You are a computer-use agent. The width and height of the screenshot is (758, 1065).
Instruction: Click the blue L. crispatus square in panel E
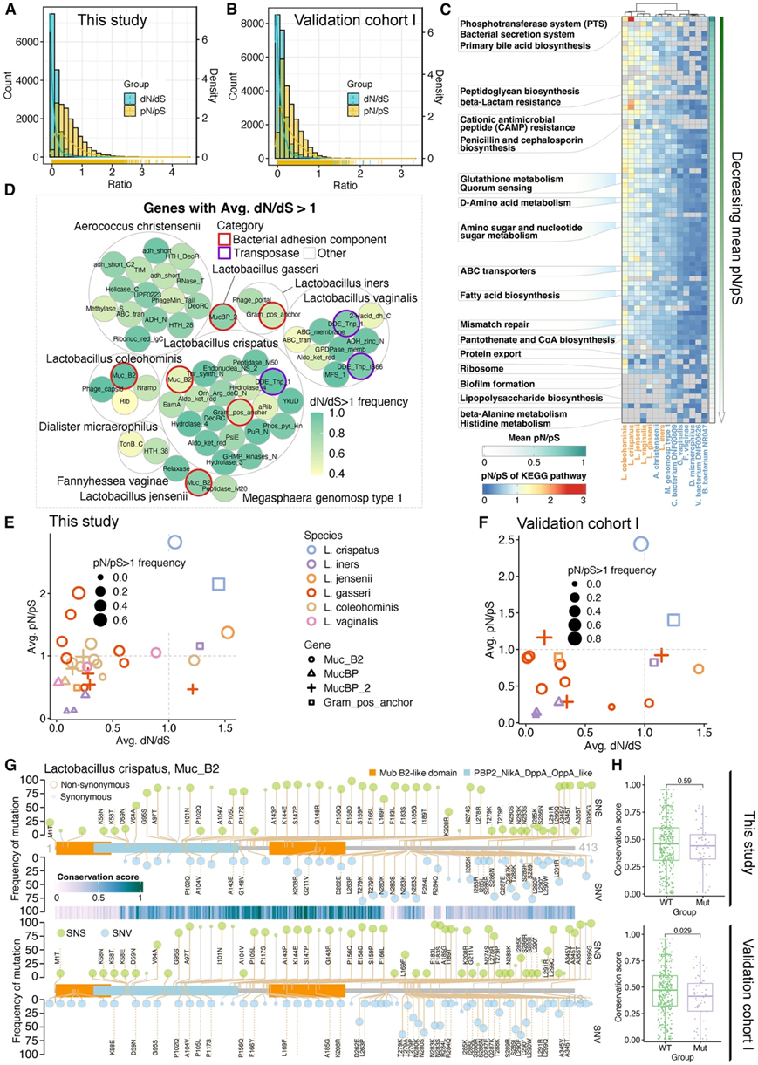click(218, 584)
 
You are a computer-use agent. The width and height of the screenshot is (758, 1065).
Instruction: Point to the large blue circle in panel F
click(642, 543)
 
